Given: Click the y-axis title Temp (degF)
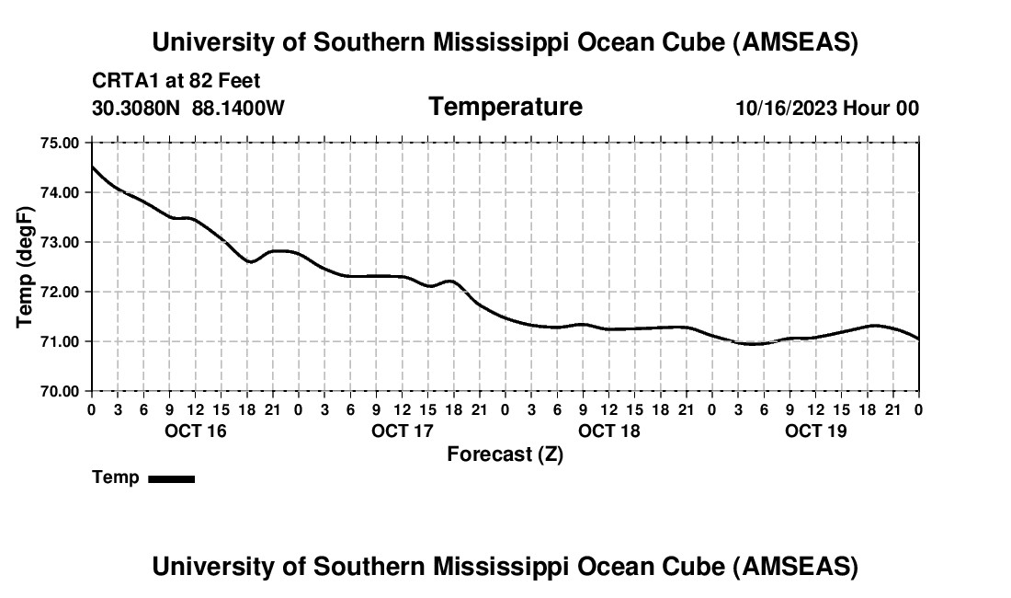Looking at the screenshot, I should tap(26, 267).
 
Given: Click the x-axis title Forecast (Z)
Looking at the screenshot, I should tap(505, 454).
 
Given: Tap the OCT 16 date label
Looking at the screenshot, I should tap(195, 431).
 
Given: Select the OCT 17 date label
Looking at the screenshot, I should tap(403, 431).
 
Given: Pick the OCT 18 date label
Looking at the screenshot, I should tap(609, 431).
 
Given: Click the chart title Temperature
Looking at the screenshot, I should tap(505, 107).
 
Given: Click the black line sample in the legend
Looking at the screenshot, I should tap(171, 478).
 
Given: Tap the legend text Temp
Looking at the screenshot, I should tap(116, 477).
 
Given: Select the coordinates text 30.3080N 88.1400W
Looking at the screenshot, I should tap(188, 109).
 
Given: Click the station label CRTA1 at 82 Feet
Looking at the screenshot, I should tap(176, 82).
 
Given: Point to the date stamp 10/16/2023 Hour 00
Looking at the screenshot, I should tap(827, 109).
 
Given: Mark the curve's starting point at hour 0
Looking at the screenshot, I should tap(92, 166).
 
